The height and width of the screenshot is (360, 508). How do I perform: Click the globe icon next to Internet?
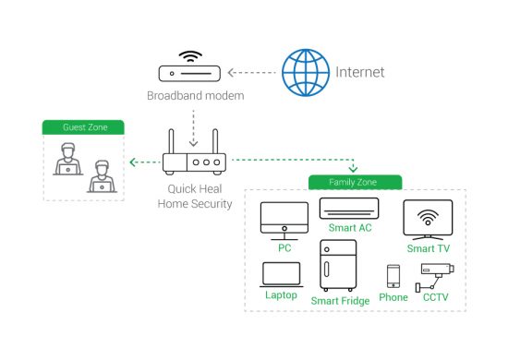pos(306,71)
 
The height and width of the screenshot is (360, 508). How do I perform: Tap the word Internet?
pos(360,72)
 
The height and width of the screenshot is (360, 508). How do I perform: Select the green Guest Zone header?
pos(83,126)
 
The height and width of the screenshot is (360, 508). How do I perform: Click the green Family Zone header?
pos(354,182)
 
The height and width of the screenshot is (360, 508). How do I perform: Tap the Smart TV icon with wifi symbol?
pos(428,221)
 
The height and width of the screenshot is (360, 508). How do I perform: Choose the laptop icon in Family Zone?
pos(281,274)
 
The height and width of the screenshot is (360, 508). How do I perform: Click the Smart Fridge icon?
pos(338,266)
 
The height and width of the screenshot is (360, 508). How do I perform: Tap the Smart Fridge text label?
pos(340,301)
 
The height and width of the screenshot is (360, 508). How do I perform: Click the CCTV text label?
pos(435,298)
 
